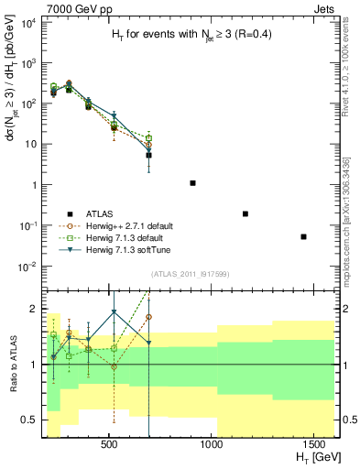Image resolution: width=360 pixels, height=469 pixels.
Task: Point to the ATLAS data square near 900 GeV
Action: [192, 183]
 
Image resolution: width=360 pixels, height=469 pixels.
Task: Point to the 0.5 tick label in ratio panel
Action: [29, 420]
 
